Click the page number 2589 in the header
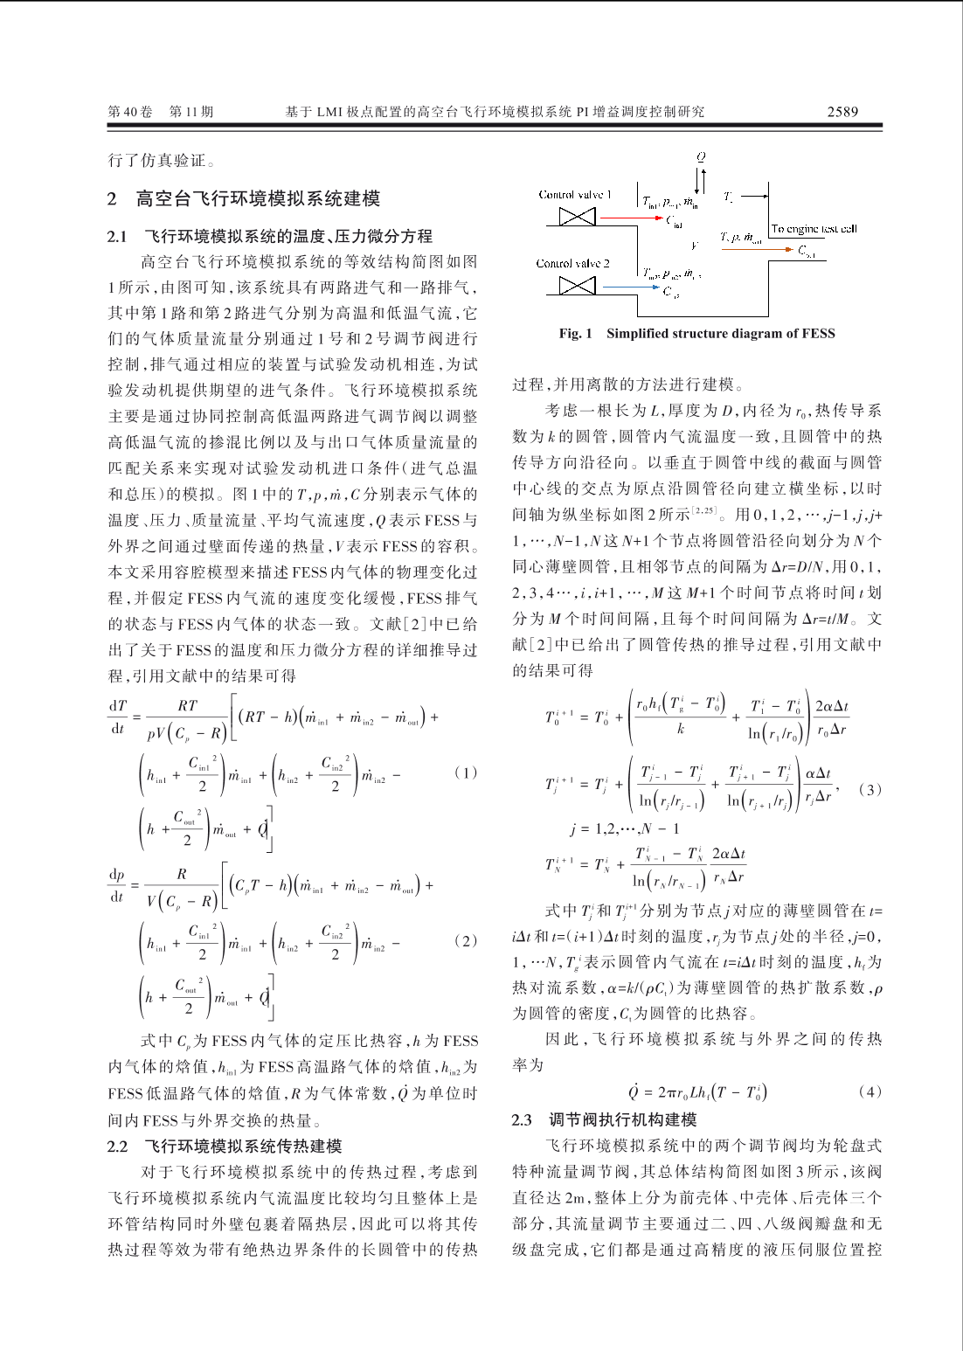(x=842, y=111)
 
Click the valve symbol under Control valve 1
(x=577, y=217)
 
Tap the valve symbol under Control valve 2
(x=577, y=285)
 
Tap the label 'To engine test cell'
(x=814, y=229)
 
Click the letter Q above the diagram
(x=701, y=157)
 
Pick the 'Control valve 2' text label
(x=572, y=263)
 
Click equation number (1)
(x=466, y=772)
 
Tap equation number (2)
(x=466, y=941)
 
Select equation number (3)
(x=869, y=789)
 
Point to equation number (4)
(x=869, y=1091)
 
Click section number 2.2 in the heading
(x=118, y=1147)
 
